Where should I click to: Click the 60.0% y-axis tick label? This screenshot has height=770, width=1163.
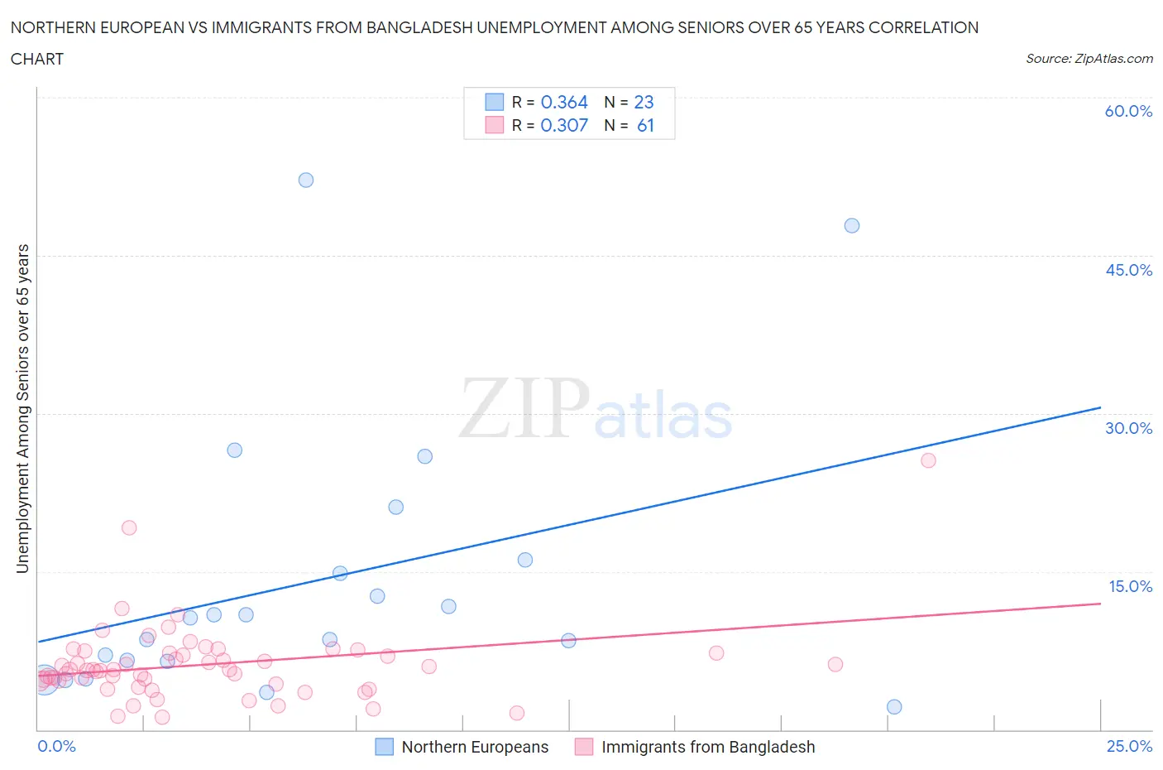[1128, 111]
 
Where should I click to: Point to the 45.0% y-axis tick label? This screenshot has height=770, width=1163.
[1128, 270]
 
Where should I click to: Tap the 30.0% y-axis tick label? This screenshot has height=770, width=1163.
[1128, 428]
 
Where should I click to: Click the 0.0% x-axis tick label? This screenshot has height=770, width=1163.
[56, 746]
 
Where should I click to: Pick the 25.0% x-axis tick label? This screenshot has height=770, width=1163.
[1129, 746]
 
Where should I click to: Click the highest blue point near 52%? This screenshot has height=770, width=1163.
[306, 180]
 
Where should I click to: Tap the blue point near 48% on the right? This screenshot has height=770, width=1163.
[852, 225]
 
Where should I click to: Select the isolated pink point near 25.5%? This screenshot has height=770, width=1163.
[928, 460]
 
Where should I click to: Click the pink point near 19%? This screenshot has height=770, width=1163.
[129, 527]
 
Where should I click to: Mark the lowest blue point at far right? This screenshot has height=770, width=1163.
[894, 706]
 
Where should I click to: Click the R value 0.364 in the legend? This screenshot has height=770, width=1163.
[564, 102]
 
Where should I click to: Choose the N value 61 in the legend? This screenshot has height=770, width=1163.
[645, 125]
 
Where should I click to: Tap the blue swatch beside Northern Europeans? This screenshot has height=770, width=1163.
[384, 747]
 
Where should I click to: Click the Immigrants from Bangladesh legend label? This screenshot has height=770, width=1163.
[708, 747]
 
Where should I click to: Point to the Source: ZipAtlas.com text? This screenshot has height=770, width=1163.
[1089, 58]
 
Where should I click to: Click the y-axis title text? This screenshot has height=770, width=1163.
[22, 408]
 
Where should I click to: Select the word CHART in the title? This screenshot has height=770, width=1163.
[37, 59]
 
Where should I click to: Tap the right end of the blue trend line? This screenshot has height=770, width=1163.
[1100, 407]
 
